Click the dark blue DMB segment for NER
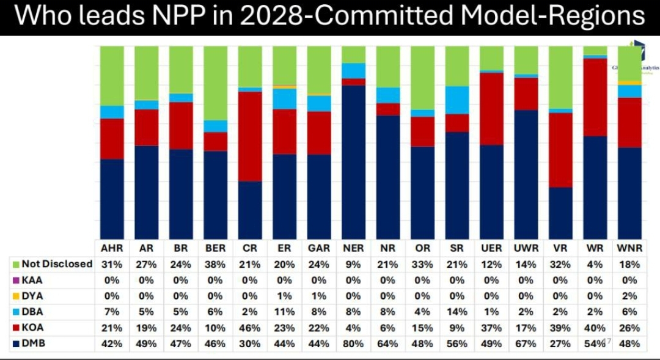(354, 162)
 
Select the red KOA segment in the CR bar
(250, 136)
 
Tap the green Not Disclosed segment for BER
(215, 83)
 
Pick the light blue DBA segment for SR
(457, 100)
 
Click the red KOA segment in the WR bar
(595, 97)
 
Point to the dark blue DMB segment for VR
(560, 213)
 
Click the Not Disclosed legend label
(57, 264)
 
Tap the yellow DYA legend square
(16, 296)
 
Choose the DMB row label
(33, 343)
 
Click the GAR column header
(319, 248)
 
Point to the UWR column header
(526, 248)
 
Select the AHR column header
(112, 248)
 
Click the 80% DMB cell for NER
(353, 343)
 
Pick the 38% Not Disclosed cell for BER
(215, 264)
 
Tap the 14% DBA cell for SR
(457, 312)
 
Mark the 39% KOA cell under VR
(560, 328)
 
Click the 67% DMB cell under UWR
(526, 343)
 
